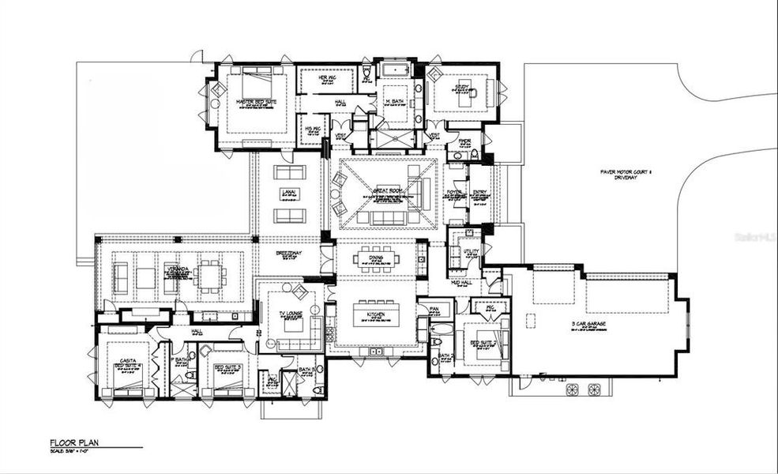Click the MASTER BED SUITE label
pos(254,102)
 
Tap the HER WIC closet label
pos(328,77)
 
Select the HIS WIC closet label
pos(312,128)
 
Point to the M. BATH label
pos(394,102)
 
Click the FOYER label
pos(454,191)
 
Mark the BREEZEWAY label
pos(289,254)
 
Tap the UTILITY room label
pos(472,252)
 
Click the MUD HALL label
pos(461,283)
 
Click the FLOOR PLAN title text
pos(73,443)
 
